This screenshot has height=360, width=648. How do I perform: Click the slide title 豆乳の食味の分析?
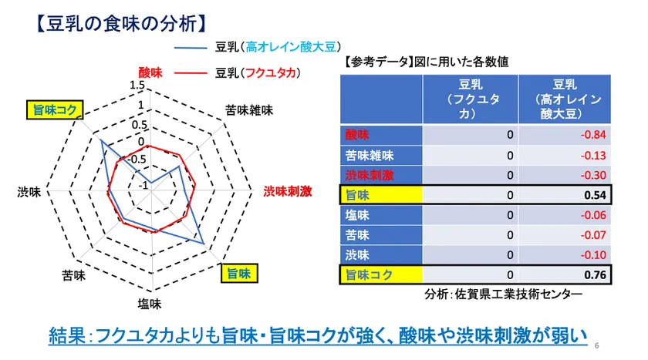(x=121, y=24)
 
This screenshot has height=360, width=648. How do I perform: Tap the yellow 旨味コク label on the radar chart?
(x=55, y=109)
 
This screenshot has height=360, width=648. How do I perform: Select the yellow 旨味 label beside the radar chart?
(x=239, y=274)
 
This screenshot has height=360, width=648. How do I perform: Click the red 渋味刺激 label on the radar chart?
(x=288, y=191)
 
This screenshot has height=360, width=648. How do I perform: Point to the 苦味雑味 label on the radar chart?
(x=249, y=110)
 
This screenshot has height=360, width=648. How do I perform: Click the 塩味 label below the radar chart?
(x=150, y=304)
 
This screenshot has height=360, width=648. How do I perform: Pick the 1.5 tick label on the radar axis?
(x=137, y=85)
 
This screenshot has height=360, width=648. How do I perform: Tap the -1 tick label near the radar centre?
(x=143, y=185)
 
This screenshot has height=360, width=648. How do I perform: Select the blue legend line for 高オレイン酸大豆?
(x=191, y=48)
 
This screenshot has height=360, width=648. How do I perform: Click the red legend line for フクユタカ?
(x=191, y=73)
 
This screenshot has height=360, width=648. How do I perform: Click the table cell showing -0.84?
(x=593, y=135)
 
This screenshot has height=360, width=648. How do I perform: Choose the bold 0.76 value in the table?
(x=595, y=275)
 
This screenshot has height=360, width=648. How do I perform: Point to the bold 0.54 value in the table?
(x=595, y=195)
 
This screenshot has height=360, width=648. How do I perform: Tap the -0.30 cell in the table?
(x=593, y=175)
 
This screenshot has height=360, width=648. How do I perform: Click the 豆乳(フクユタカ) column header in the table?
(x=471, y=99)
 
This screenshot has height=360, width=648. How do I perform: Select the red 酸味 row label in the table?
(x=357, y=135)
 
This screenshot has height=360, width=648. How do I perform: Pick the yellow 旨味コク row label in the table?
(x=369, y=275)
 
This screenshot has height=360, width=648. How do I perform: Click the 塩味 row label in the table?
(x=357, y=215)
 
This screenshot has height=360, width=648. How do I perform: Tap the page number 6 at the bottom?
(x=597, y=345)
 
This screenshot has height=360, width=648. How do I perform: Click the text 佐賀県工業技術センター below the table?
(x=518, y=294)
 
